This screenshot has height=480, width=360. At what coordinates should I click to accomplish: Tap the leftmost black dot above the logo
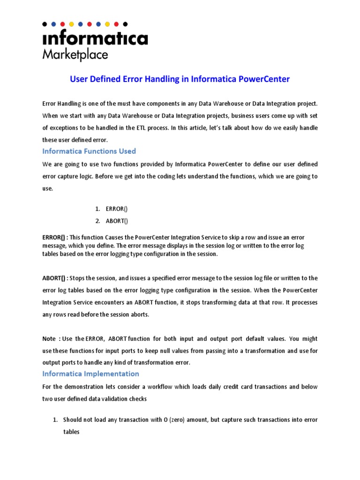click(x=45, y=23)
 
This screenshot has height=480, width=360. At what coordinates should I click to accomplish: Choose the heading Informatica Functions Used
click(x=89, y=151)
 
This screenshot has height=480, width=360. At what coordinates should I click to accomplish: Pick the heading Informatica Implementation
click(x=90, y=374)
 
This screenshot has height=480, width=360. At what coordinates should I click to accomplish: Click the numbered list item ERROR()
click(x=114, y=209)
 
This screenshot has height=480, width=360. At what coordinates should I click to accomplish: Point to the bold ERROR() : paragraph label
click(x=54, y=238)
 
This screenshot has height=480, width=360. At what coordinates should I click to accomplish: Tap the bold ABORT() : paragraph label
click(x=54, y=278)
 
